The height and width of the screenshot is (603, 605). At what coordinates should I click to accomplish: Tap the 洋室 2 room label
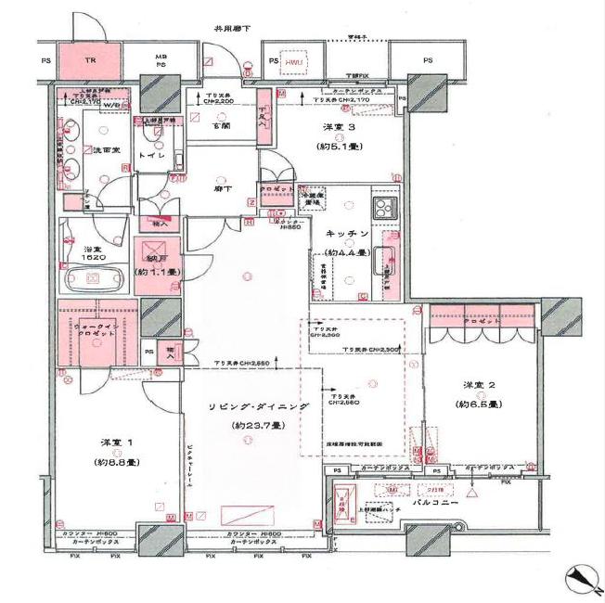(x=478, y=385)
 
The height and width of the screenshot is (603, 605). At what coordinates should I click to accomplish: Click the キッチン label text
(x=347, y=234)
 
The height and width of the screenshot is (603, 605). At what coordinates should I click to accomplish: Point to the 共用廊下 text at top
(x=232, y=28)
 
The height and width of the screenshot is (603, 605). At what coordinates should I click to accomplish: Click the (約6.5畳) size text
(x=479, y=404)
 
